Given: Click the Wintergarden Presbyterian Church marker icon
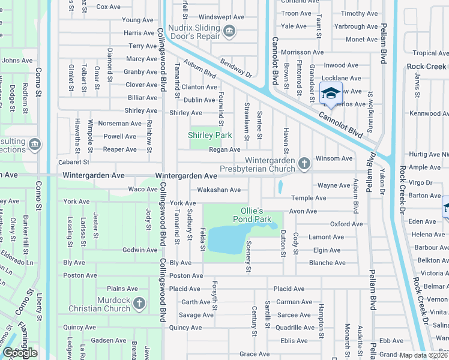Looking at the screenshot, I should (x=304, y=163).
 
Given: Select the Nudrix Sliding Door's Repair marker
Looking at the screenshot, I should (x=228, y=31).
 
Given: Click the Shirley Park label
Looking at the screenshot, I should (x=210, y=135).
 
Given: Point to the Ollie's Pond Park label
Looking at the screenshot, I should (x=244, y=215).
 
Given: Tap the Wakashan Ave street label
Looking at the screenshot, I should (x=219, y=190).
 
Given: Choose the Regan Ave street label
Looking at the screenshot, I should (x=224, y=149).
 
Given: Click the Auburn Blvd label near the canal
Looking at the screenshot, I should (x=200, y=71).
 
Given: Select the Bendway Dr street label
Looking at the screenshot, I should (x=235, y=68).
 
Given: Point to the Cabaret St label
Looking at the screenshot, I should (x=73, y=162).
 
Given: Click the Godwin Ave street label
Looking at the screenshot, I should (x=140, y=250).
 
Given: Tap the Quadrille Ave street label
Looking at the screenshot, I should (x=295, y=328).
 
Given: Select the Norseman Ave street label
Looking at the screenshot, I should (x=120, y=123).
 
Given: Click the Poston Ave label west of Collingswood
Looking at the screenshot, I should (x=80, y=275).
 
